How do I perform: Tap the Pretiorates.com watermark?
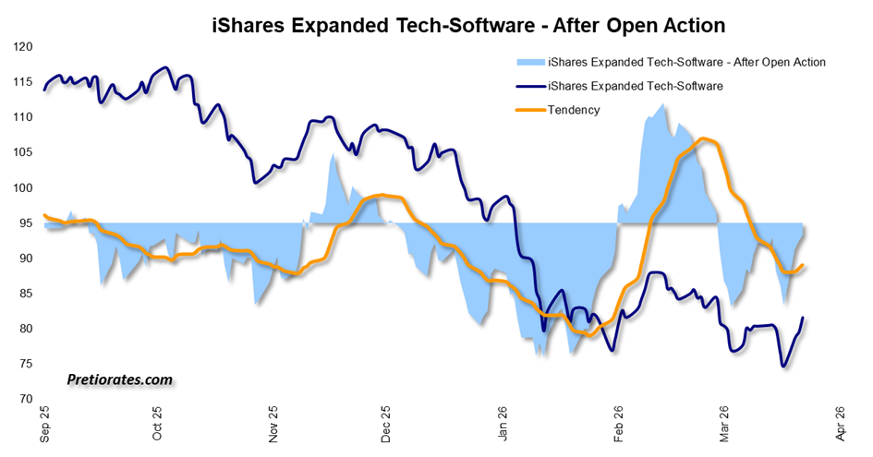pyautogui.click(x=119, y=379)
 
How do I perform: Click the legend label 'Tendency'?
pyautogui.click(x=574, y=110)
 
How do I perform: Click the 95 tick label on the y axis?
pyautogui.click(x=24, y=223)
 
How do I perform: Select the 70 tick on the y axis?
pyautogui.click(x=24, y=400)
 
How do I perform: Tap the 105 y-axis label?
pyautogui.click(x=21, y=152)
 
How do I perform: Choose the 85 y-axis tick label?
pyautogui.click(x=24, y=294)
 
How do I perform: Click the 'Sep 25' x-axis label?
pyautogui.click(x=44, y=424)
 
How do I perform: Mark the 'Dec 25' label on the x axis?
pyautogui.click(x=386, y=424)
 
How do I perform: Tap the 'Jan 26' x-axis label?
pyautogui.click(x=503, y=424)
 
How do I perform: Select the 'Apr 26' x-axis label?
pyautogui.click(x=841, y=424)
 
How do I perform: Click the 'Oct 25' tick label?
pyautogui.click(x=157, y=424)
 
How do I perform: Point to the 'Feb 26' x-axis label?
pyautogui.click(x=617, y=424)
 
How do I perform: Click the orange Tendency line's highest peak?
pyautogui.click(x=704, y=138)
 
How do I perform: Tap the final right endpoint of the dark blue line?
pyautogui.click(x=803, y=318)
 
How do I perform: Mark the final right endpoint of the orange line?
pyautogui.click(x=803, y=265)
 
